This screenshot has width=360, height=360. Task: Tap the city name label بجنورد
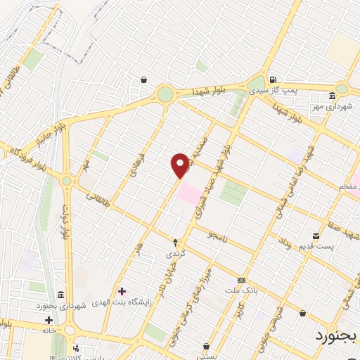click(x=335, y=335)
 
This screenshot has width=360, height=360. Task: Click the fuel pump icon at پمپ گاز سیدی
click(x=272, y=79)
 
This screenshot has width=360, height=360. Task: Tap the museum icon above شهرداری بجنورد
click(x=61, y=294)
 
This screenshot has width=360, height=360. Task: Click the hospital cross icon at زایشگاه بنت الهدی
click(x=122, y=290)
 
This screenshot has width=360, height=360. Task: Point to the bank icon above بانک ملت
click(x=241, y=279)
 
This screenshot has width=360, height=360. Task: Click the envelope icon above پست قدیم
click(x=316, y=236)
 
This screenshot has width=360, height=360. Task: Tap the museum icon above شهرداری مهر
click(x=333, y=96)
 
